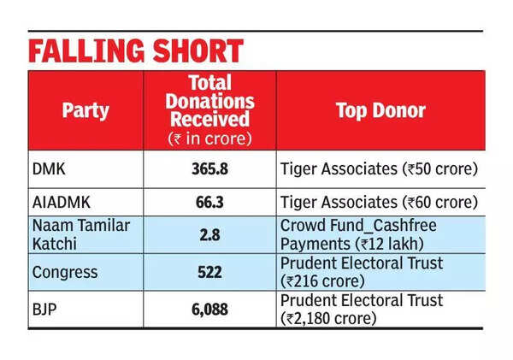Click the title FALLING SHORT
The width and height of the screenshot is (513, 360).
coord(136,50)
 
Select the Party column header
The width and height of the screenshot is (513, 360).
coord(85,111)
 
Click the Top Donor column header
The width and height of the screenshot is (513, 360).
coord(380,111)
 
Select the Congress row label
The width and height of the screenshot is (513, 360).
coord(64,271)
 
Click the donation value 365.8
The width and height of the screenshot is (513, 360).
coord(209,169)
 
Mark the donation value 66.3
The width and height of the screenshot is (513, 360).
coord(209,204)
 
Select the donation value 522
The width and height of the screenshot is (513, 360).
coord(209,271)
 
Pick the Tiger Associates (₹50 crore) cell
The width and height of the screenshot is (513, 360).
coord(379,169)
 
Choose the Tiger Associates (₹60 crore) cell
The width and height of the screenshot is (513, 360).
coord(379,204)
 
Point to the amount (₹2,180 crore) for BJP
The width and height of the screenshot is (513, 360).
coord(328,318)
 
